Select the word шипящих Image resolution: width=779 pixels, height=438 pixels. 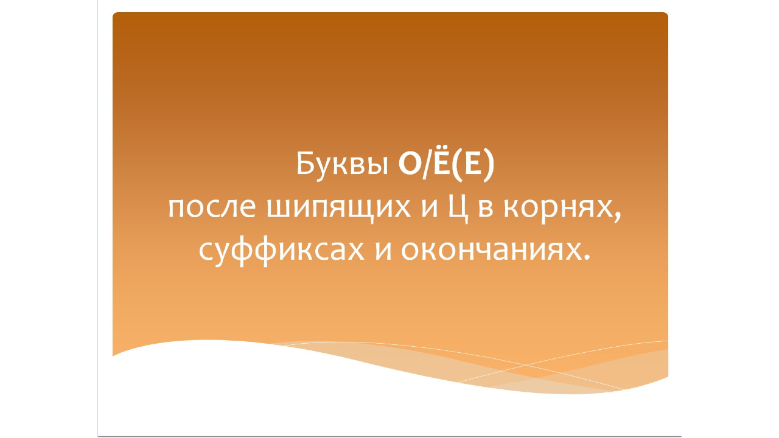tap(331, 210)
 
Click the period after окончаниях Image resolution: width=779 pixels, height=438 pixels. tap(587, 258)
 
